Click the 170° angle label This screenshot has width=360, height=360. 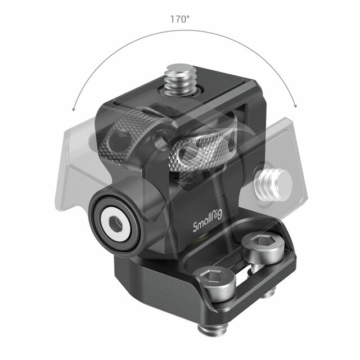click(180, 19)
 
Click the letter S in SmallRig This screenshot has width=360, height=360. click(196, 227)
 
